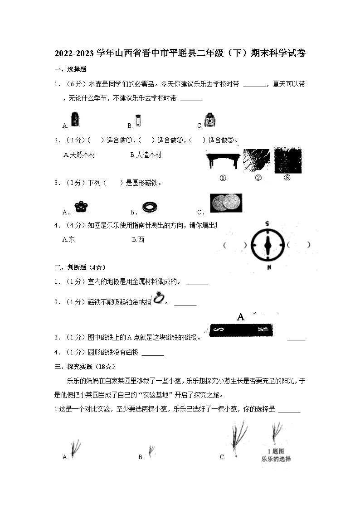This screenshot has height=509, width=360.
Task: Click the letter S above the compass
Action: (268, 223)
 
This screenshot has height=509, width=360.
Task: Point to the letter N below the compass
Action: (269, 267)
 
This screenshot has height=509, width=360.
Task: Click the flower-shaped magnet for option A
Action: (81, 207)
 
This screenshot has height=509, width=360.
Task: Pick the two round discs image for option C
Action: (226, 203)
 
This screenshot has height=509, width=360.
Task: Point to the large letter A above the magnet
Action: (241, 317)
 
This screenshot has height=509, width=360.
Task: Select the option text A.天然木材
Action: (79, 155)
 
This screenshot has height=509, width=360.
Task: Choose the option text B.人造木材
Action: (146, 155)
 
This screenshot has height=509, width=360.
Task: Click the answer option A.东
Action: (68, 239)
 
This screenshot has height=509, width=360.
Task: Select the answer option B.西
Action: (138, 239)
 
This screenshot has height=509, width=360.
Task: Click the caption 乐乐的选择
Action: (276, 459)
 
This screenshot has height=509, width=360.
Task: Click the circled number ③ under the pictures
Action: (287, 178)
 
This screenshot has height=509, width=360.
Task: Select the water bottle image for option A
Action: (75, 120)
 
